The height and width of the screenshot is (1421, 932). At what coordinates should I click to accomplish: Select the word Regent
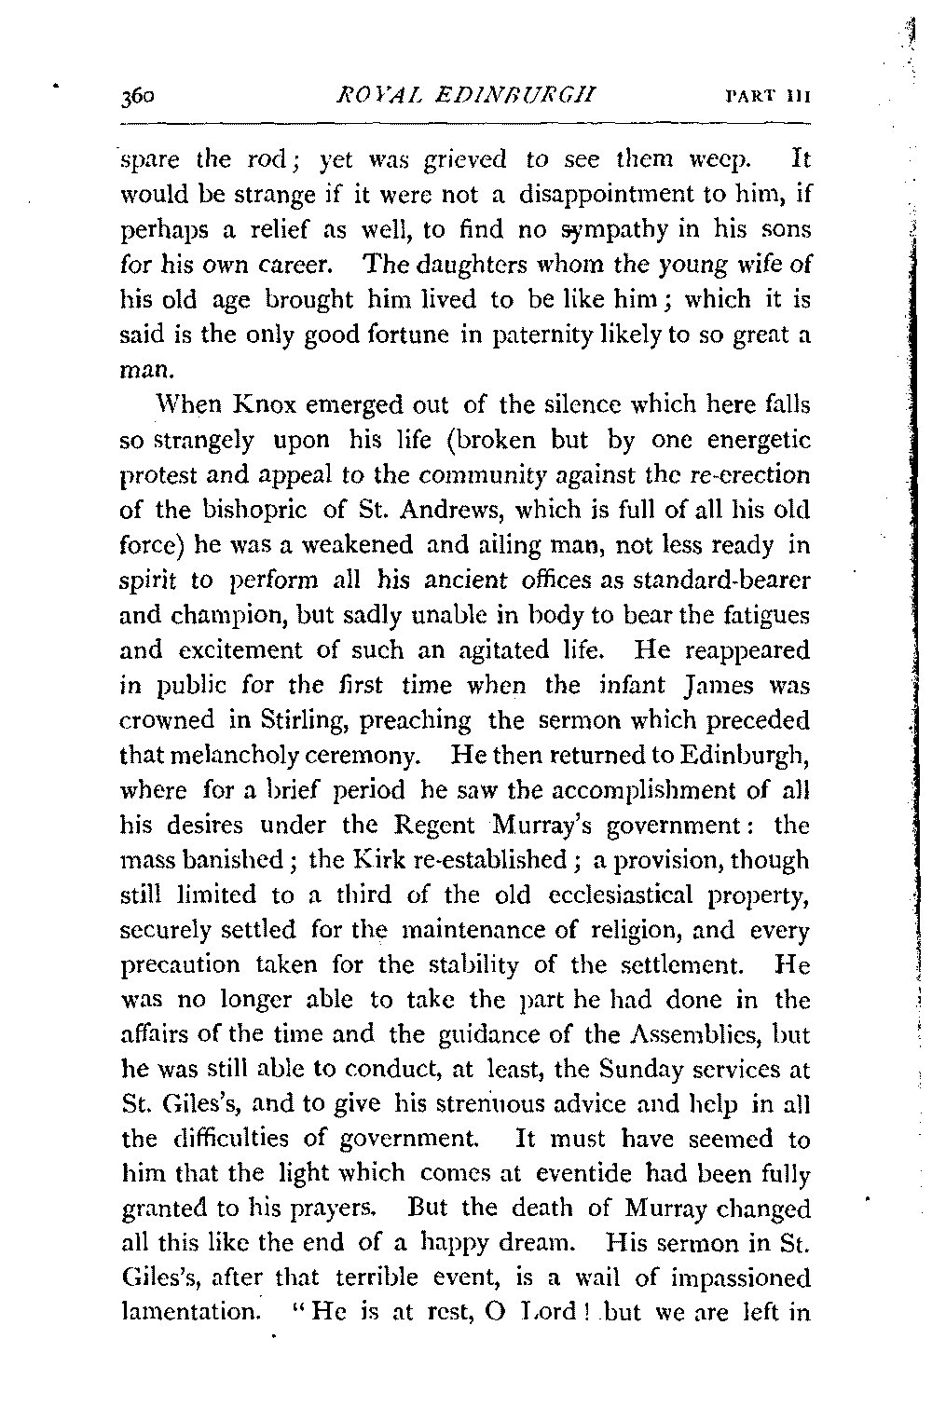pyautogui.click(x=444, y=826)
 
